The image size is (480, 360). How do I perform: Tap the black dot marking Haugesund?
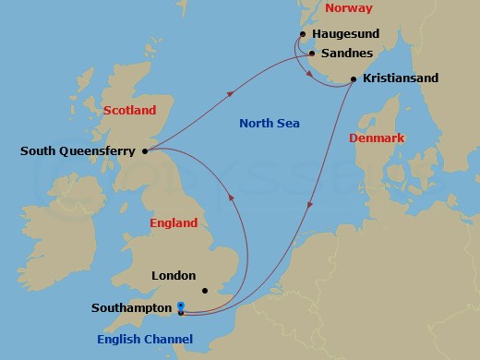303,36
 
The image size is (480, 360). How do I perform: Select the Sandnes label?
349,54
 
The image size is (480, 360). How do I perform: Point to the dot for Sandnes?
312,54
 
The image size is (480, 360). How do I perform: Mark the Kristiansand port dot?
354,81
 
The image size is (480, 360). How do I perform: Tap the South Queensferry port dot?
145,151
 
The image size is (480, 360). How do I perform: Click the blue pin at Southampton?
180,307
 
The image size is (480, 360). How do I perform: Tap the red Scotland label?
130,111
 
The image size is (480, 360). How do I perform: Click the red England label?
174,223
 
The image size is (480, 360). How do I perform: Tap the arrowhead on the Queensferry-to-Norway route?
228,91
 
